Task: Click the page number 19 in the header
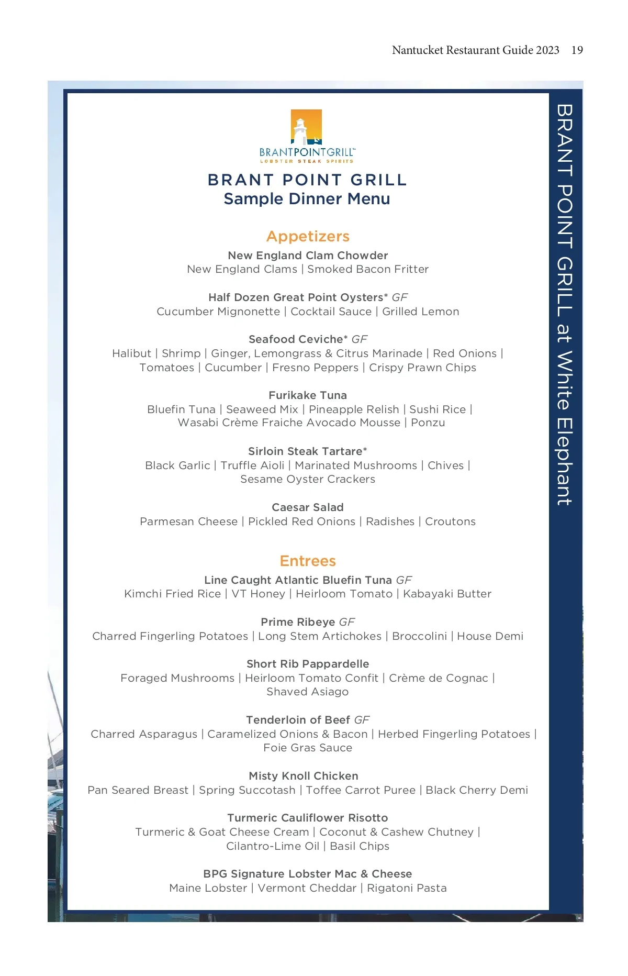pos(577,50)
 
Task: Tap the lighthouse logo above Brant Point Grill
pos(307,127)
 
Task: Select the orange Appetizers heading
pos(308,236)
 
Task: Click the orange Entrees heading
pos(308,561)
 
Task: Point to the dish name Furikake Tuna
pos(308,395)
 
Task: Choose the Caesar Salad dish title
pos(308,507)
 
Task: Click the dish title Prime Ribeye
pos(298,622)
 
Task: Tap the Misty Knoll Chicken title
pos(304,776)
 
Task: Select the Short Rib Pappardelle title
pos(308,664)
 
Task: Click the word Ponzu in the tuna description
pos(428,423)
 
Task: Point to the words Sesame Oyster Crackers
pos(308,479)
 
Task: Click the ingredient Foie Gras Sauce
pos(308,748)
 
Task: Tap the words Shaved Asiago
pos(308,692)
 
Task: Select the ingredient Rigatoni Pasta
pos(407,888)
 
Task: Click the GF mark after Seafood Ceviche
pos(360,339)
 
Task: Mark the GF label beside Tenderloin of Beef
pos(362,720)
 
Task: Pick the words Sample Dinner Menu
pos(307,199)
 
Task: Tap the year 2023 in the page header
pos(547,50)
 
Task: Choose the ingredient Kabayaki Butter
pos(447,594)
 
